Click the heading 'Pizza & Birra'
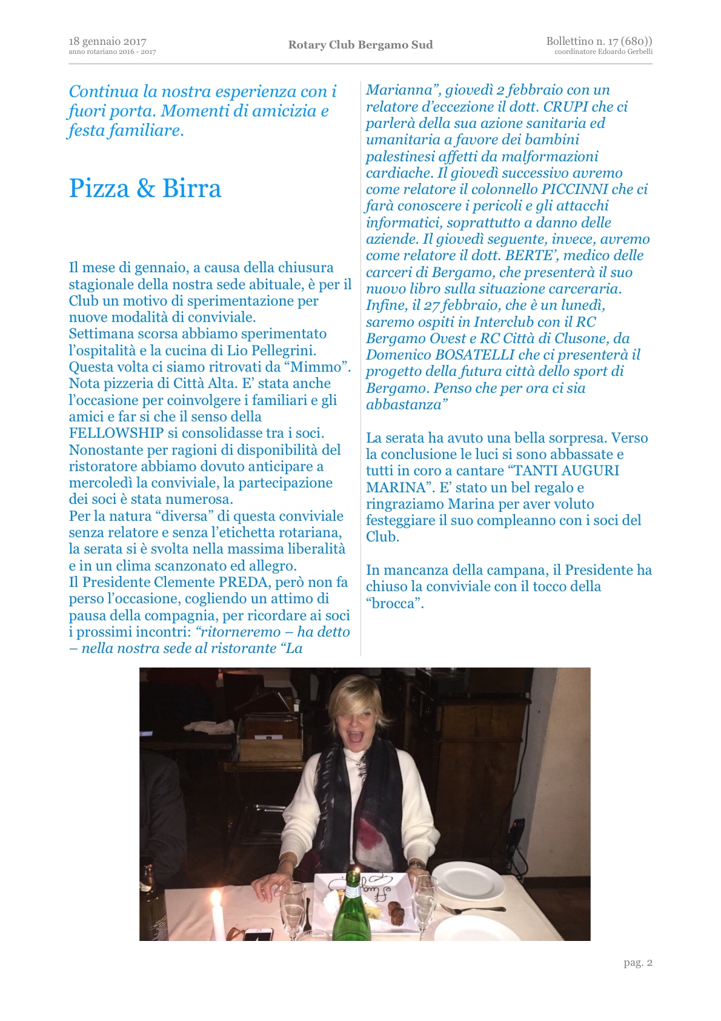pos(145,188)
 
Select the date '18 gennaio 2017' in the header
pos(107,41)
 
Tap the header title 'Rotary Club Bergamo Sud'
pos(360,45)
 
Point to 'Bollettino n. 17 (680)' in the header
pos(599,41)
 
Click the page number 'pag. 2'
pos(638,962)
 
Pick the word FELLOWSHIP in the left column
pos(116,433)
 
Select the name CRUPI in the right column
pos(566,107)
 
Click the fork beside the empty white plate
pos(472,909)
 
